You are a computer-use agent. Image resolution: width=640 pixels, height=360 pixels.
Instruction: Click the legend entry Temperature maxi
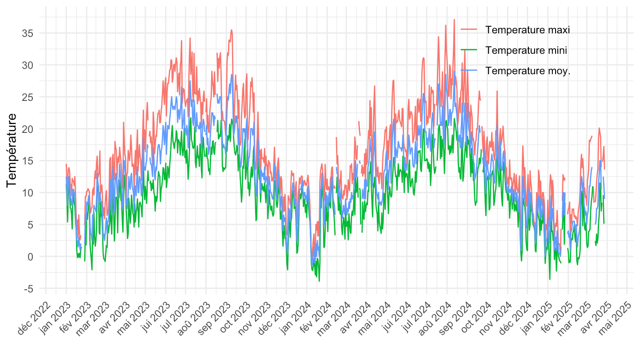528,30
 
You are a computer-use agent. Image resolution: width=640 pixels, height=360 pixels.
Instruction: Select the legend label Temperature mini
526,50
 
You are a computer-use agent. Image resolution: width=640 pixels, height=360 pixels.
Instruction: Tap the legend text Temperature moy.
528,71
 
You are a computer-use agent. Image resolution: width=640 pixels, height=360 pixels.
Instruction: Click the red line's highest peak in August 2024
454,20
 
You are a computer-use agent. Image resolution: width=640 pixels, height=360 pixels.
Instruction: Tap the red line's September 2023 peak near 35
232,30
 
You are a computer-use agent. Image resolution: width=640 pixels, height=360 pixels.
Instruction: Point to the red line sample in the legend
469,30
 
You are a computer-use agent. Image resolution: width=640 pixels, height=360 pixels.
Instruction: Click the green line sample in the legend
469,50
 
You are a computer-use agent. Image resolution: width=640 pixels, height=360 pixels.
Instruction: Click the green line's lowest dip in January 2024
319,281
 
